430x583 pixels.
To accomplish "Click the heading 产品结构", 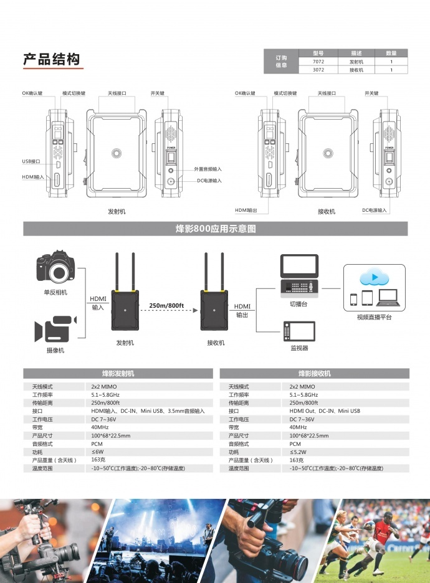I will click(x=52, y=60).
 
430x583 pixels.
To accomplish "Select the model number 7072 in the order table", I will click(x=318, y=62).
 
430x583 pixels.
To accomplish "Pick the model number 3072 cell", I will click(x=318, y=70).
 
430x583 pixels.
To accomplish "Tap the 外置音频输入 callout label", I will click(x=208, y=169).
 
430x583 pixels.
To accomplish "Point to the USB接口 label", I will click(x=31, y=161).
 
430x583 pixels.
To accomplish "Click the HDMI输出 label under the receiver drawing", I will click(x=246, y=210).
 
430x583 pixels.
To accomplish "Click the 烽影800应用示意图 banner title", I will click(x=215, y=229).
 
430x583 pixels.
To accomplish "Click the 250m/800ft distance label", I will click(x=167, y=305).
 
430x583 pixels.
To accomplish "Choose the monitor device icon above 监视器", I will click(x=299, y=331).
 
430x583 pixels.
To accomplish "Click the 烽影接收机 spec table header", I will click(x=315, y=374).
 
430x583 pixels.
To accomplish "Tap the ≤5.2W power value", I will click(x=299, y=452).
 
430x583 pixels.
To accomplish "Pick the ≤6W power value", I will click(x=98, y=452).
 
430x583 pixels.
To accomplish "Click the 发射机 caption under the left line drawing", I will click(x=117, y=212).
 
